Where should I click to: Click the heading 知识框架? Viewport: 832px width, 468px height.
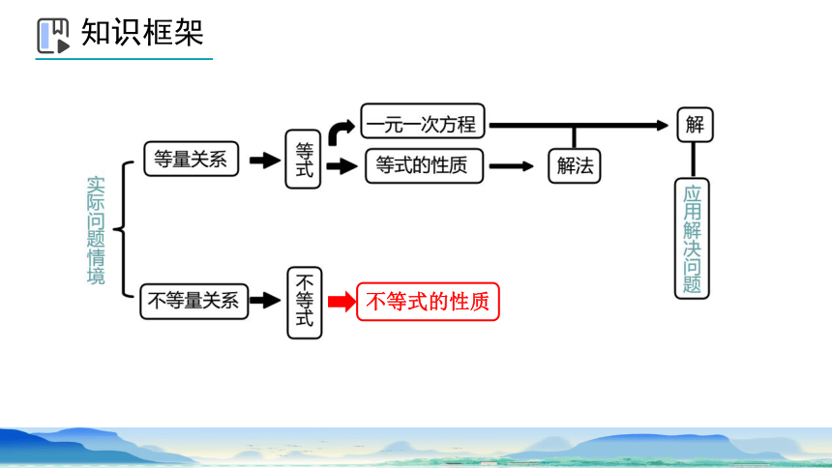(142, 32)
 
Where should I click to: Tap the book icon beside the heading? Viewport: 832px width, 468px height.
(53, 36)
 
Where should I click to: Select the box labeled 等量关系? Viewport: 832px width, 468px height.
(191, 159)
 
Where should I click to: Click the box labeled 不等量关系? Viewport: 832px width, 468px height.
(194, 302)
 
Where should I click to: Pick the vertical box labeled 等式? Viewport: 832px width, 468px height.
(303, 160)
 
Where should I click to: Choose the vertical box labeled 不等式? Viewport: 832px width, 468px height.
(305, 303)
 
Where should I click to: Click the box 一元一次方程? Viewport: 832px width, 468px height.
(423, 122)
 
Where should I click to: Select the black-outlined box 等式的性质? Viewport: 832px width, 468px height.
(424, 166)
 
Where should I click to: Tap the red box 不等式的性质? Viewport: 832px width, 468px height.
(428, 302)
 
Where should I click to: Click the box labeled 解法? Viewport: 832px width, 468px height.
(574, 166)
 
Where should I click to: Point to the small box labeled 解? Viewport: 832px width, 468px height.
(695, 125)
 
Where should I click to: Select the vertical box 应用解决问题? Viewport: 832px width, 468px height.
(692, 238)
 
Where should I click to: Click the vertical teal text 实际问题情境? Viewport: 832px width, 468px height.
(96, 230)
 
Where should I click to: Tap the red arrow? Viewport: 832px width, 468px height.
(342, 302)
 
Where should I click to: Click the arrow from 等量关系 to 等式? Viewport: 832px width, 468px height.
(265, 161)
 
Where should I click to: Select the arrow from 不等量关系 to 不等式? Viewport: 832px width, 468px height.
(265, 301)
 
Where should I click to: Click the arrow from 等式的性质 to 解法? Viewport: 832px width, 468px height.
(511, 166)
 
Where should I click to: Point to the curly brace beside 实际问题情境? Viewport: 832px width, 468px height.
(124, 229)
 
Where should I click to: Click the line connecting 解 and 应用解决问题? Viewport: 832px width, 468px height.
(693, 160)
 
